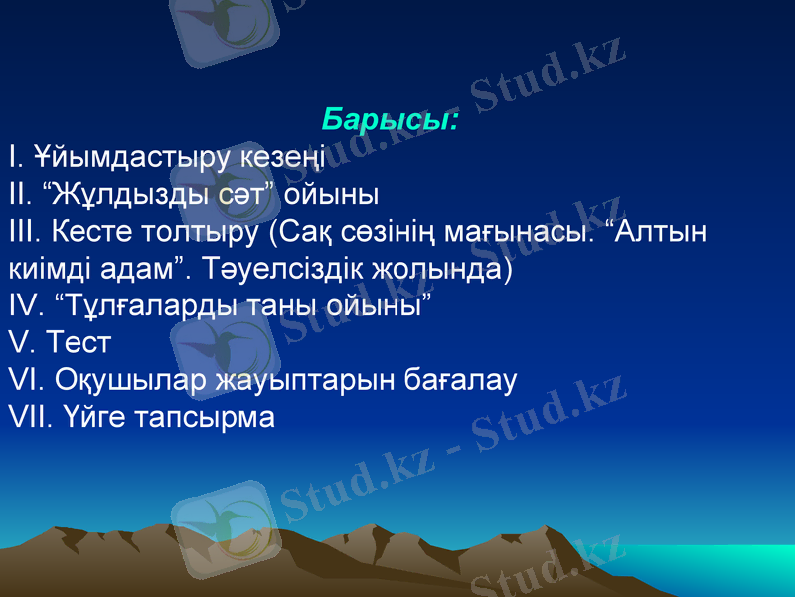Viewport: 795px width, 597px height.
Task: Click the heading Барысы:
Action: (x=391, y=121)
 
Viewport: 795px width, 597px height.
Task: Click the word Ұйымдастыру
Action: (x=133, y=157)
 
